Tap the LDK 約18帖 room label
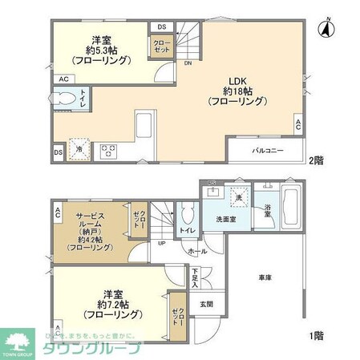[x=233, y=91]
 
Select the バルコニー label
[x=268, y=151]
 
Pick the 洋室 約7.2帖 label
[x=109, y=302]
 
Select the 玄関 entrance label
[x=206, y=304]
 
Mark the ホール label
[x=196, y=251]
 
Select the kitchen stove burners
[x=108, y=150]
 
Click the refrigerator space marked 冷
[x=79, y=148]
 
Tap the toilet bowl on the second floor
[x=69, y=99]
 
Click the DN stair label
[x=187, y=63]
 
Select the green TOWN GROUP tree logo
[x=19, y=340]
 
